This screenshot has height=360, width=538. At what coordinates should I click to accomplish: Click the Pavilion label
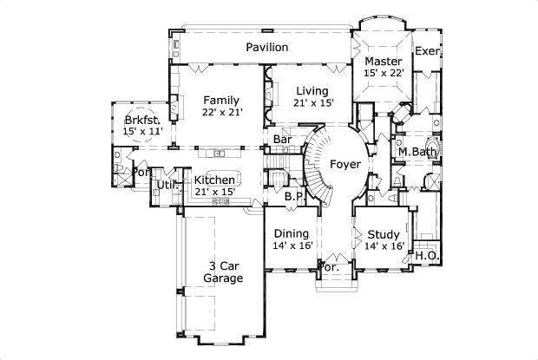(266, 47)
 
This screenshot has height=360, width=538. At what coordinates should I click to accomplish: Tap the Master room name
(383, 62)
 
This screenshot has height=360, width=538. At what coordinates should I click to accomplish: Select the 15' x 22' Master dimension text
(383, 74)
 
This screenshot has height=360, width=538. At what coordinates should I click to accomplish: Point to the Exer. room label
(427, 51)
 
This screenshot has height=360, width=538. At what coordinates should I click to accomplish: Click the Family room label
(221, 100)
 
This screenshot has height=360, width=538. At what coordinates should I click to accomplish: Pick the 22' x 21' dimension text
(221, 112)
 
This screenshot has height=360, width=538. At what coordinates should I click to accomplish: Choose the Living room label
(312, 91)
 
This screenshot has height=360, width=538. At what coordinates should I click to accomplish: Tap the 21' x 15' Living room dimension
(312, 103)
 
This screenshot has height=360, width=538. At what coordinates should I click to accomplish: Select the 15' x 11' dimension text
(143, 131)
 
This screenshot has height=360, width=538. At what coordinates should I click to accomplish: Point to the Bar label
(282, 139)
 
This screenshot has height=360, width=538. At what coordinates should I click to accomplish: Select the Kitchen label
(213, 180)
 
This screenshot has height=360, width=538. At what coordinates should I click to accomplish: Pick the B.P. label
(293, 197)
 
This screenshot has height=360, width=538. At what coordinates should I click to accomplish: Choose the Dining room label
(292, 233)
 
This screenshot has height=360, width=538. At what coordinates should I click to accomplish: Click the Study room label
(383, 233)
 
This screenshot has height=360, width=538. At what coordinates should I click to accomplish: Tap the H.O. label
(425, 256)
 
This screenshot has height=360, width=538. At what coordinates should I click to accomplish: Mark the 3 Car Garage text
(223, 272)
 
